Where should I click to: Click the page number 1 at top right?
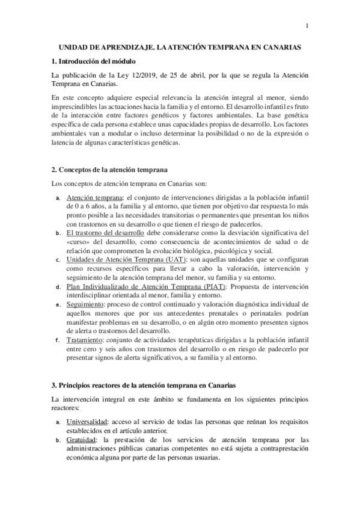[307, 25]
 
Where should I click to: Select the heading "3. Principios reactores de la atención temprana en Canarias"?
[143, 384]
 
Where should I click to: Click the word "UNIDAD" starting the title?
[73, 46]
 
